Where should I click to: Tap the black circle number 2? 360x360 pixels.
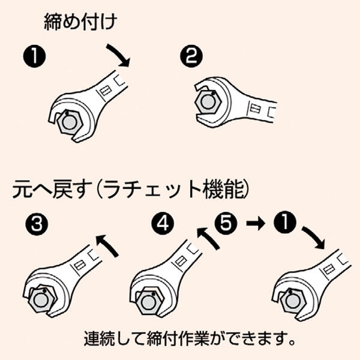tap(190, 58)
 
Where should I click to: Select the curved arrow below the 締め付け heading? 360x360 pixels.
tap(118, 53)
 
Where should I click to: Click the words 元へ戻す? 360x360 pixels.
tap(51, 193)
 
